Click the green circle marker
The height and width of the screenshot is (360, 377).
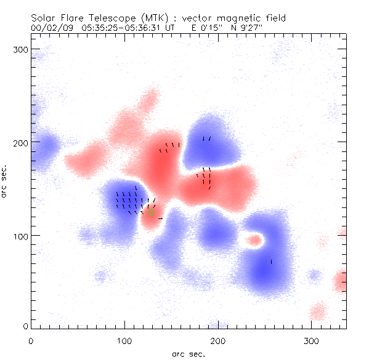(x=150, y=212)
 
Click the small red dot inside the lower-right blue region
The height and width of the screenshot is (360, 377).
(x=253, y=240)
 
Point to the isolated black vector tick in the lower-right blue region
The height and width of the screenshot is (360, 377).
(x=271, y=262)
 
